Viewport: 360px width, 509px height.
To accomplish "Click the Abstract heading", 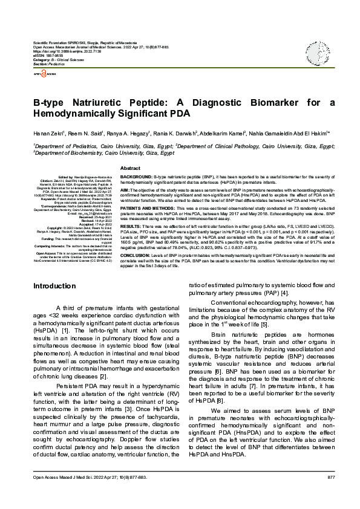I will pyautogui.click(x=131, y=167).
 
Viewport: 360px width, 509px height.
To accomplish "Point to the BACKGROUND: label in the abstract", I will pyautogui.click(x=137, y=175).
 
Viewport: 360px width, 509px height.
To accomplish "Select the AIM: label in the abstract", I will pyautogui.click(x=126, y=189).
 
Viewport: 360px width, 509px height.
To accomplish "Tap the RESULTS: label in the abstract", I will pyautogui.click(x=131, y=225).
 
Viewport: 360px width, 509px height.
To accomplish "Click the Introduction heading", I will pyautogui.click(x=54, y=285).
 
